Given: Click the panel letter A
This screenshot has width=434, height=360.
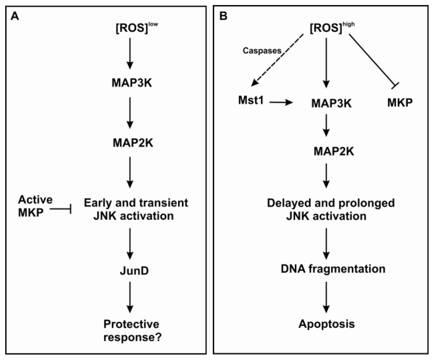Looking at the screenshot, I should pyautogui.click(x=15, y=17).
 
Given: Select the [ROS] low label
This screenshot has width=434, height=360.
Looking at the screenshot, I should pyautogui.click(x=136, y=28).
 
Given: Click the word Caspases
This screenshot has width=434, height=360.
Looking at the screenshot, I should pyautogui.click(x=262, y=51).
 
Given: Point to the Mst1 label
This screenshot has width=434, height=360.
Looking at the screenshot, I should pyautogui.click(x=251, y=100).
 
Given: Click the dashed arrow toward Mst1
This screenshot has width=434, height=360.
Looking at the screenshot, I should pyautogui.click(x=277, y=60).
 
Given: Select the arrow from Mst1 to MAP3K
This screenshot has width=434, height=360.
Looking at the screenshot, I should pyautogui.click(x=281, y=102).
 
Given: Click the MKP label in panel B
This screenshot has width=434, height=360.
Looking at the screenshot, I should pyautogui.click(x=400, y=102).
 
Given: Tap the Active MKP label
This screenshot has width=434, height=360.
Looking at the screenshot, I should pyautogui.click(x=35, y=206).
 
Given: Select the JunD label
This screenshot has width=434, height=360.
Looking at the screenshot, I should pyautogui.click(x=134, y=271).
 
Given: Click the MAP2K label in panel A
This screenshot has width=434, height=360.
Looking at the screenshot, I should pyautogui.click(x=133, y=143).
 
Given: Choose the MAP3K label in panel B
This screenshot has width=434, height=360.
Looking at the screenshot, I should pyautogui.click(x=331, y=103).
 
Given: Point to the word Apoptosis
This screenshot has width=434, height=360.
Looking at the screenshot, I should pyautogui.click(x=327, y=324).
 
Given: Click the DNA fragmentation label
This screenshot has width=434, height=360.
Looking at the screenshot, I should pyautogui.click(x=333, y=269).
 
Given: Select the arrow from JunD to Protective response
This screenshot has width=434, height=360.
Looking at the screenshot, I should pyautogui.click(x=130, y=297).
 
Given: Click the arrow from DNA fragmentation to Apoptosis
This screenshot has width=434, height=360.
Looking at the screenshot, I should pyautogui.click(x=326, y=297).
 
